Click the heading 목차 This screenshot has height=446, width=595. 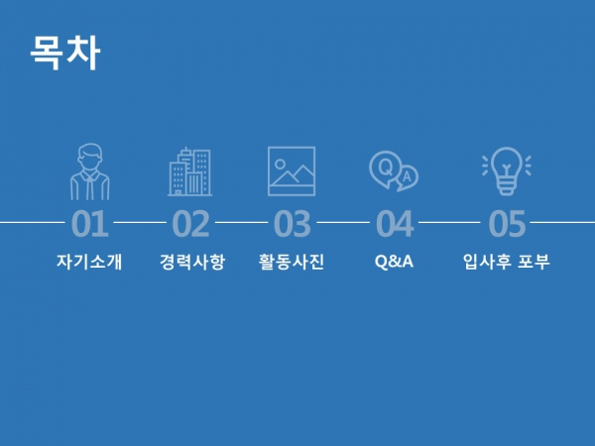65,53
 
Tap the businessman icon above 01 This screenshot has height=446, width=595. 90,171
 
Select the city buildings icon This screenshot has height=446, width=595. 190,171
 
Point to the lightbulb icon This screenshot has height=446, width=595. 507,170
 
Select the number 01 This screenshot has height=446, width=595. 90,224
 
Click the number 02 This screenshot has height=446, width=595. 190,224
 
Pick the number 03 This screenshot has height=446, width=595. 293,224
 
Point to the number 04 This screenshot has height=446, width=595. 395,224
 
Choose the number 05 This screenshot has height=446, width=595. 507,224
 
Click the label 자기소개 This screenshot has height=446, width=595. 89,262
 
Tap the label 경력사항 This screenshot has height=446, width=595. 192,262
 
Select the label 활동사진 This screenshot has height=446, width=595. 292,262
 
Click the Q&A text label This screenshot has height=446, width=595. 394,262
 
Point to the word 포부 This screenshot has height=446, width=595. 534,262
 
